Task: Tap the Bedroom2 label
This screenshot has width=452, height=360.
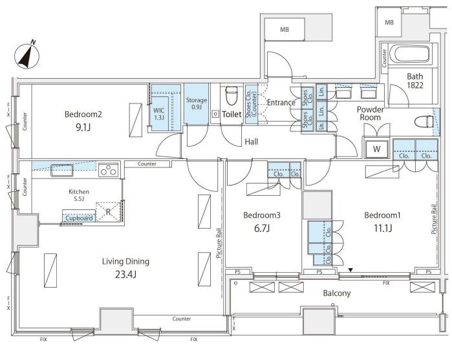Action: pyautogui.click(x=83, y=114)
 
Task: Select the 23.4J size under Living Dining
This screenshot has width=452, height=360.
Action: pyautogui.click(x=125, y=275)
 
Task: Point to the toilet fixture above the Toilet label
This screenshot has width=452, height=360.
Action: pyautogui.click(x=231, y=96)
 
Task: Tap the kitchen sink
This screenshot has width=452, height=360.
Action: pyautogui.click(x=62, y=170)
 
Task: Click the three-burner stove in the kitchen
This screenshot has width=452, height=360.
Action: pyautogui.click(x=109, y=169)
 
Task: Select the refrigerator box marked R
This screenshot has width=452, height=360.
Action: pyautogui.click(x=108, y=211)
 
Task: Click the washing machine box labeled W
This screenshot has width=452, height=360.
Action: pyautogui.click(x=377, y=149)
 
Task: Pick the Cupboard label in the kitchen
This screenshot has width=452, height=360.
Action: pyautogui.click(x=79, y=218)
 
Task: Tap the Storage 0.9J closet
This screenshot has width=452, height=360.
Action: pyautogui.click(x=197, y=103)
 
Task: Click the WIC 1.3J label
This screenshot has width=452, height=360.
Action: pyautogui.click(x=159, y=114)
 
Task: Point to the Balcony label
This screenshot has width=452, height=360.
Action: pyautogui.click(x=337, y=293)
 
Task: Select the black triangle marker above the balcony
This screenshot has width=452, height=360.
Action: pyautogui.click(x=350, y=270)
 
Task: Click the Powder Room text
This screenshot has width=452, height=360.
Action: pyautogui.click(x=370, y=114)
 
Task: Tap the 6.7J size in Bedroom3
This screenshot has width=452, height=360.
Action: pyautogui.click(x=262, y=228)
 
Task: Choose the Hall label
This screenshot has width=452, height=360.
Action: pyautogui.click(x=252, y=142)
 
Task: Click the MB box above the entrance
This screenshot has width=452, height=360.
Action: pyautogui.click(x=285, y=29)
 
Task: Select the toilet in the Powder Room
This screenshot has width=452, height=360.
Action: pyautogui.click(x=424, y=122)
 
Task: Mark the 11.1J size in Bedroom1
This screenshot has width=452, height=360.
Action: pyautogui.click(x=383, y=228)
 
